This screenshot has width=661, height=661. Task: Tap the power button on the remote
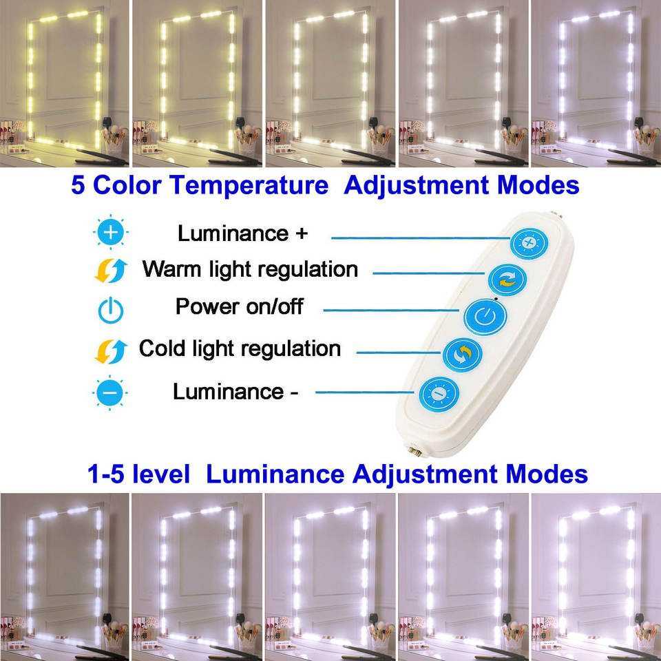coord(485,317)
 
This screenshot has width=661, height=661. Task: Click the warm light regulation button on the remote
coord(507,280)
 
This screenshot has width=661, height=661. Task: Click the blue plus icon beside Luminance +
coord(110,233)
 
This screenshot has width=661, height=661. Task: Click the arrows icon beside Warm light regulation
coord(110,271)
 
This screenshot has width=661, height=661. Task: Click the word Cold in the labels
coord(163,348)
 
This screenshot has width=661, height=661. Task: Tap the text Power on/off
coord(239,306)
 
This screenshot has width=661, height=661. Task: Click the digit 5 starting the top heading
coord(78,186)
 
